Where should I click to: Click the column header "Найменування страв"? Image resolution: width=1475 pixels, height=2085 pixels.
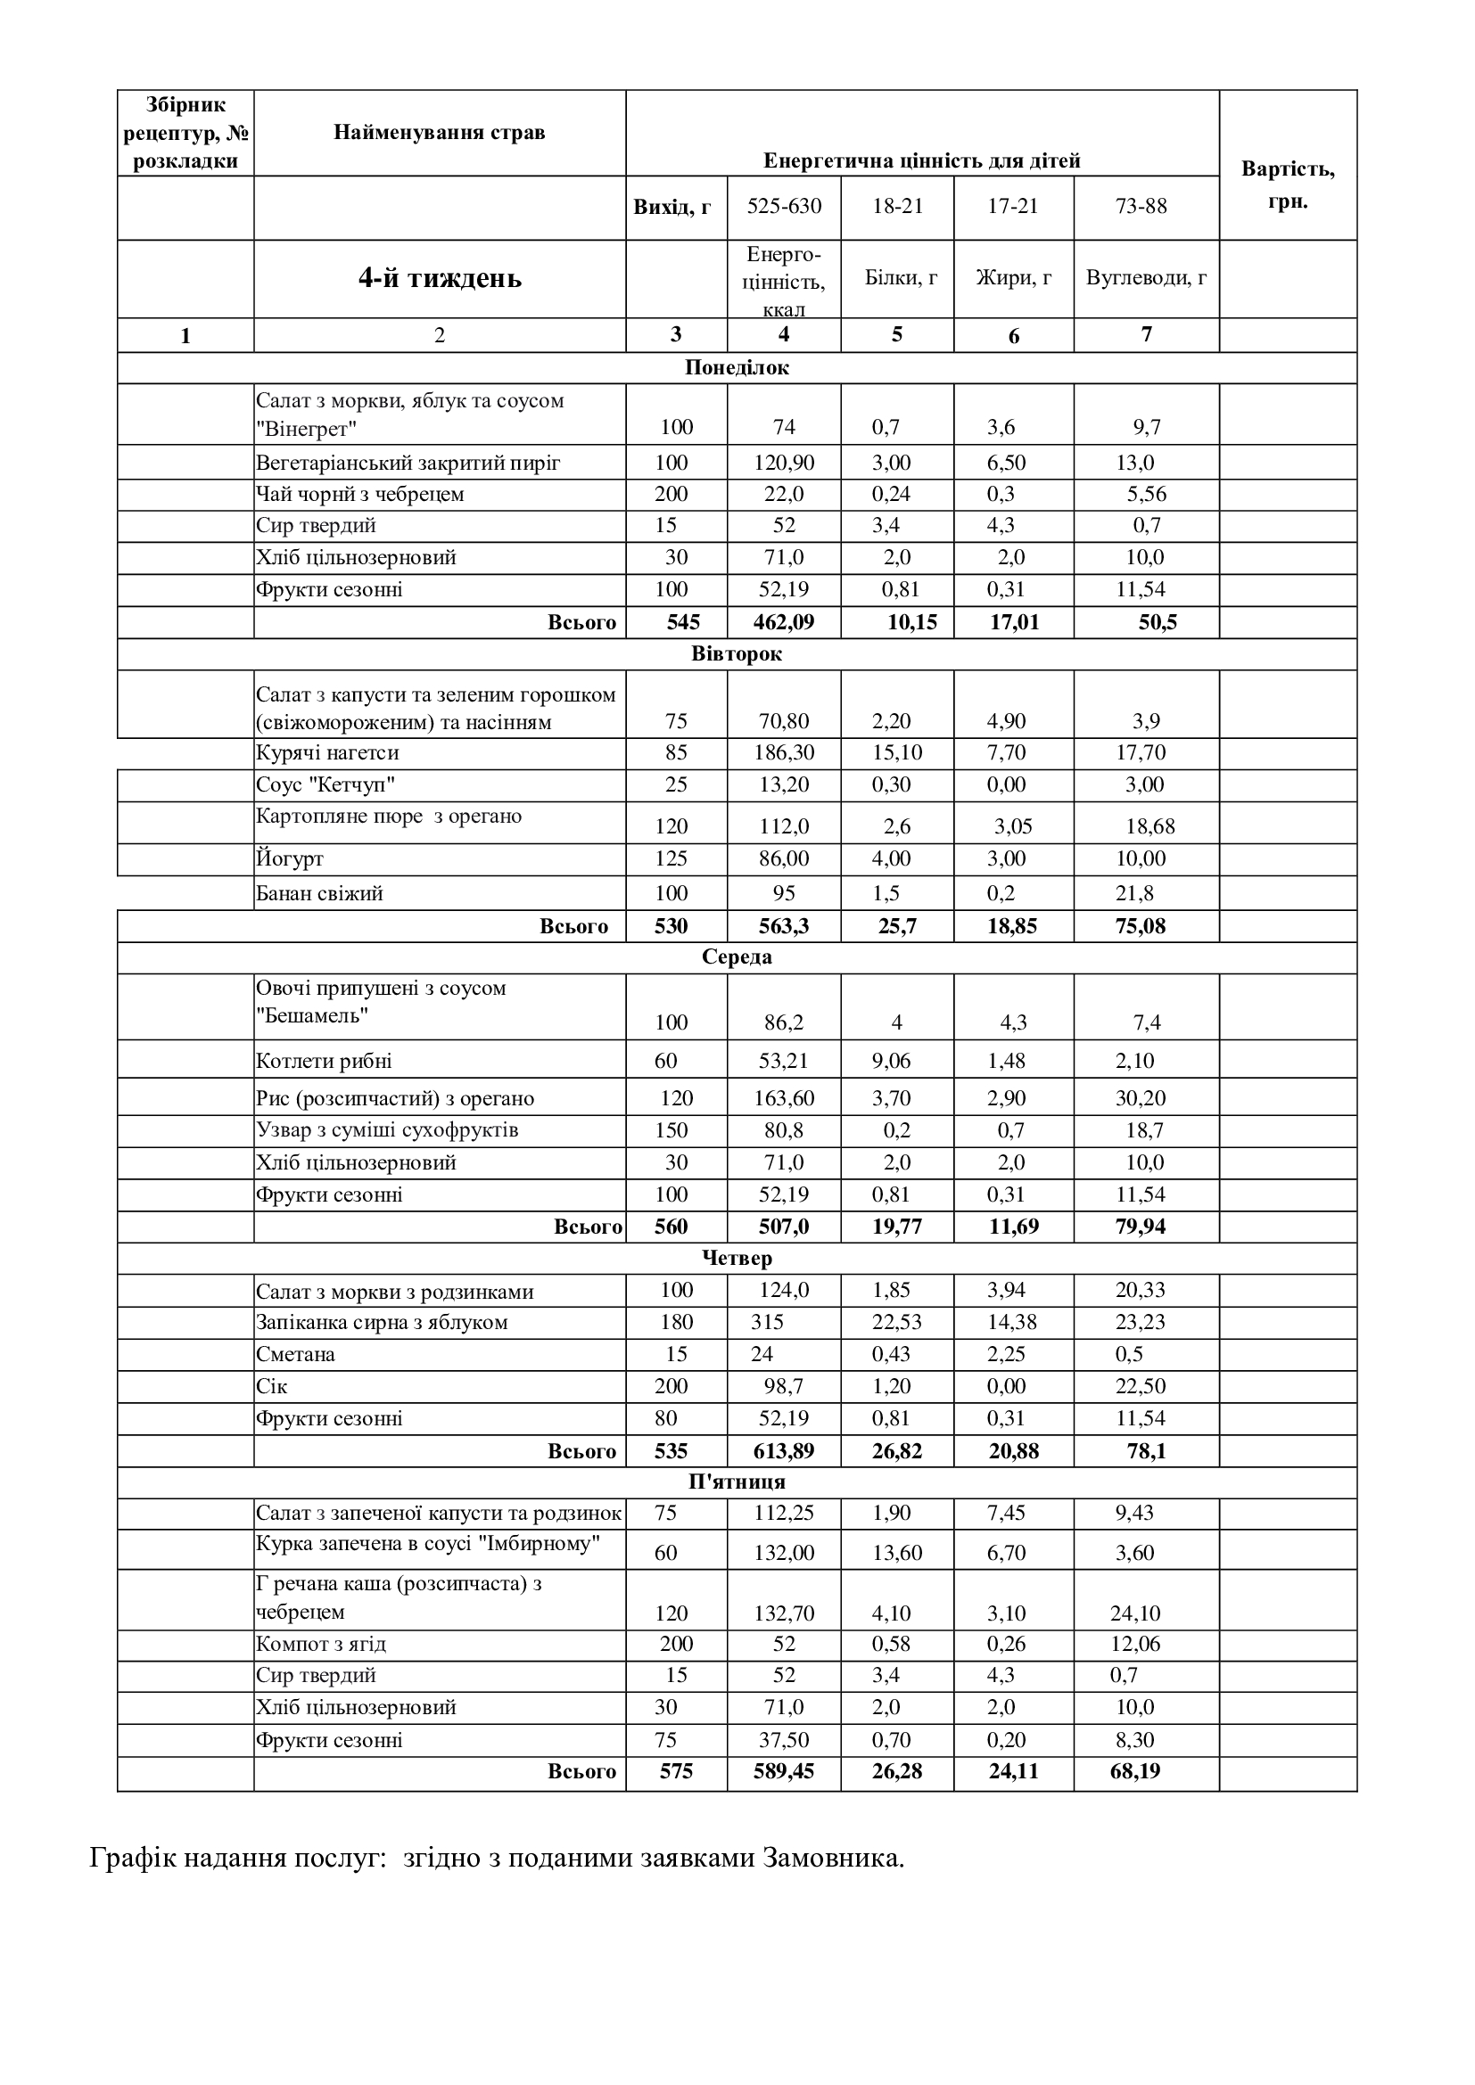[440, 133]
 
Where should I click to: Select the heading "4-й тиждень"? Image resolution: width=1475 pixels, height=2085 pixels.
[440, 278]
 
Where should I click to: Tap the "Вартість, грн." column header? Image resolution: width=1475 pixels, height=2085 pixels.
[1287, 185]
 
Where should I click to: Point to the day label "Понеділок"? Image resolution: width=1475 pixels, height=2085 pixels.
[737, 368]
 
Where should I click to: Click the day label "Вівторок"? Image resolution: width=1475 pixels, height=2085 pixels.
[737, 653]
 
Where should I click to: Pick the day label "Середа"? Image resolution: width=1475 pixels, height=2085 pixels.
[737, 957]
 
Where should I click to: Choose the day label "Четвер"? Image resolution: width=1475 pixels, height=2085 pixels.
[737, 1258]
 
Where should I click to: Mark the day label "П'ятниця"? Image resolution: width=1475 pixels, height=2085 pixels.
[737, 1482]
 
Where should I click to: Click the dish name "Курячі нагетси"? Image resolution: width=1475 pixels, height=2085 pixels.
[327, 753]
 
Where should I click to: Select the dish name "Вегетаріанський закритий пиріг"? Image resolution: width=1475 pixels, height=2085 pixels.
[408, 464]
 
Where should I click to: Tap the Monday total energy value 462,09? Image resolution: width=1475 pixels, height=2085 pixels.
[784, 622]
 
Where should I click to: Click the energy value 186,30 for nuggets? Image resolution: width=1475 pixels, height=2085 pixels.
[784, 753]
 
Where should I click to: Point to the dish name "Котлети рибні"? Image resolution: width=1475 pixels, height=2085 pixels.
[325, 1061]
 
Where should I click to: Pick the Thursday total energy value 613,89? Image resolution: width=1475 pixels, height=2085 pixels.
[784, 1450]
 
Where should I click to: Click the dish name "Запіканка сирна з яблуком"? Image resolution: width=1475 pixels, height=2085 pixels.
[382, 1322]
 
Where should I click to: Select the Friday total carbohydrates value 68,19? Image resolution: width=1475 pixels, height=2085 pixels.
[1134, 1771]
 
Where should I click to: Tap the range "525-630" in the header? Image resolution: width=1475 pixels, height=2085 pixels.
[784, 206]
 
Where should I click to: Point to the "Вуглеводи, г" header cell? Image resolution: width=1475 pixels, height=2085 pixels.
[1146, 278]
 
